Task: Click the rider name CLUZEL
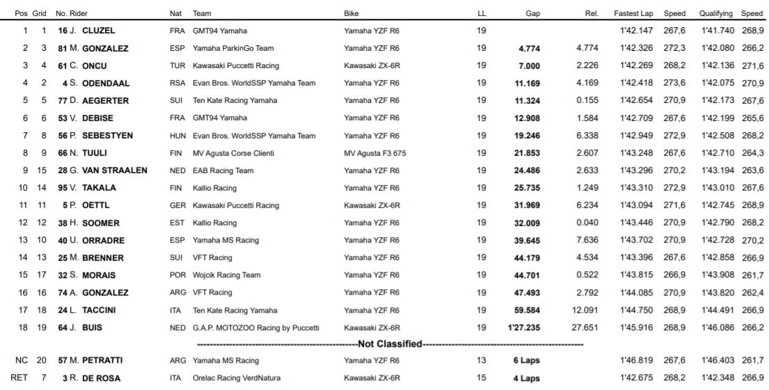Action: [x=98, y=31]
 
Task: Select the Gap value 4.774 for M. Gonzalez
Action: [x=529, y=49]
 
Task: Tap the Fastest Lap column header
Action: [x=633, y=13]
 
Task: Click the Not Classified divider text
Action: [x=390, y=344]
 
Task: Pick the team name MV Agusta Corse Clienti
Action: [x=233, y=153]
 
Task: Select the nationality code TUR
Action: [x=177, y=66]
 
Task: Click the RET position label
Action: [x=19, y=378]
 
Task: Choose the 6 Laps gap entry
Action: [x=526, y=361]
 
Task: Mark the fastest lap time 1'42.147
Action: [x=635, y=31]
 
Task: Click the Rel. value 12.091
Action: [x=585, y=310]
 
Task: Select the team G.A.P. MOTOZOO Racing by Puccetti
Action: [x=255, y=327]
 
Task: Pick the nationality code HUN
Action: [x=177, y=136]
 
